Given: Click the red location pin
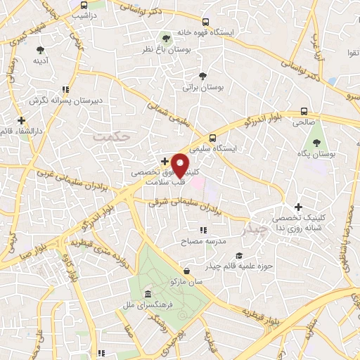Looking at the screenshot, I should (x=180, y=165).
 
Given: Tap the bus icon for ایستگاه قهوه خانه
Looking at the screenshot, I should (x=205, y=22).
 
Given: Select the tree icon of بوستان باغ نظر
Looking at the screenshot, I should (x=166, y=39).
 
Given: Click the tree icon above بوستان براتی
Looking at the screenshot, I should (x=202, y=76).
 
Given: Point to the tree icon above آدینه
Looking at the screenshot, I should (x=40, y=50).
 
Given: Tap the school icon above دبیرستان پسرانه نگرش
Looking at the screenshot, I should (x=65, y=90).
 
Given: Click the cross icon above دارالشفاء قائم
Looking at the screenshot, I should (x=21, y=120).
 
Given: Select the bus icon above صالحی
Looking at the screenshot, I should (x=304, y=111).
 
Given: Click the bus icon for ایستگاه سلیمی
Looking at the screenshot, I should (x=212, y=138).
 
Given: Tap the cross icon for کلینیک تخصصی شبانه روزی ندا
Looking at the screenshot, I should (x=299, y=207).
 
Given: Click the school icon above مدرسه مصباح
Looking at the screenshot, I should (x=203, y=230).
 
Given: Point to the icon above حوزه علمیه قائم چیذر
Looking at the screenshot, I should (x=239, y=255).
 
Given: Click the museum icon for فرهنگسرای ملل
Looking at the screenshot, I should (x=148, y=293).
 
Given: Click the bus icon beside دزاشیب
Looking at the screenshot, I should (x=84, y=6).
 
